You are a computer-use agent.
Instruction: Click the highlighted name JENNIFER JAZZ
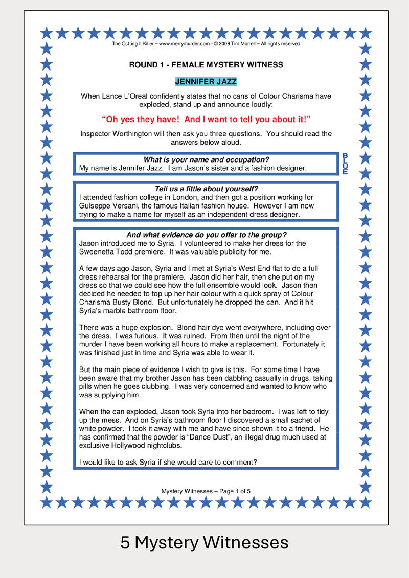pos(206,81)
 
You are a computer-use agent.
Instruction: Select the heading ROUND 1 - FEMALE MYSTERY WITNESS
pos(206,65)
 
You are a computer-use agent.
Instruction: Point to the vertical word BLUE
pos(345,163)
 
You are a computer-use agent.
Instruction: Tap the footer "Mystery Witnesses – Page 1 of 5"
pos(206,491)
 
